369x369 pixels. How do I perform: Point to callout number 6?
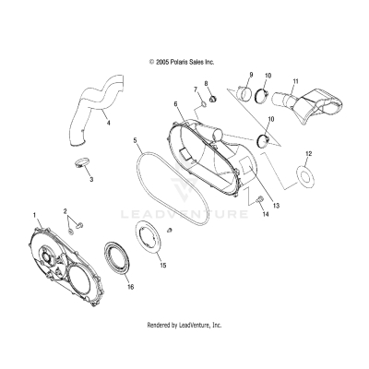[175, 105]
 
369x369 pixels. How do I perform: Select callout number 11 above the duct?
[296, 83]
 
